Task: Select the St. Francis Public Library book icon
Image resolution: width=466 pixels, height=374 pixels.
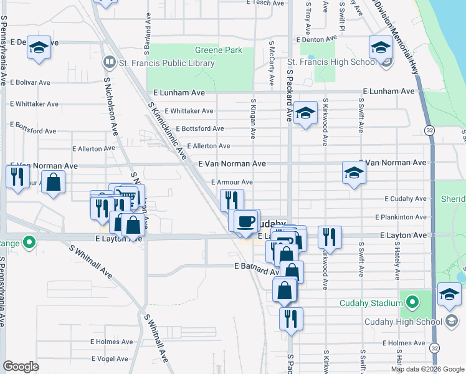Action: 109,63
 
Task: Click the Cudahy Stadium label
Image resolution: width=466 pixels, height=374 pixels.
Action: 371,304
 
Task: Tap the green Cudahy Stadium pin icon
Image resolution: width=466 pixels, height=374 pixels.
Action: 411,304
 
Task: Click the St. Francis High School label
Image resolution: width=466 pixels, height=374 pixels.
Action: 331,62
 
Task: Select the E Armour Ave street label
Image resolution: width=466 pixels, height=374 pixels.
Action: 232,182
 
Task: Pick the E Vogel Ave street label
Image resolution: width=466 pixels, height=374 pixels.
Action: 110,359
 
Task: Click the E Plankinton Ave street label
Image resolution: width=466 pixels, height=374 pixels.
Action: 401,217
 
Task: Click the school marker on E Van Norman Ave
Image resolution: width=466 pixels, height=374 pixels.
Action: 353,172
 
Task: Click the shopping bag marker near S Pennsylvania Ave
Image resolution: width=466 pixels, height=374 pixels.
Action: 54,183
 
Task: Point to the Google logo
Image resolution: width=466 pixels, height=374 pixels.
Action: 21,366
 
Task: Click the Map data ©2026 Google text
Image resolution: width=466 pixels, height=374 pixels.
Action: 427,369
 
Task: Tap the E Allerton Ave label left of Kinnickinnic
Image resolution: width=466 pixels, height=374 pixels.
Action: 94,149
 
